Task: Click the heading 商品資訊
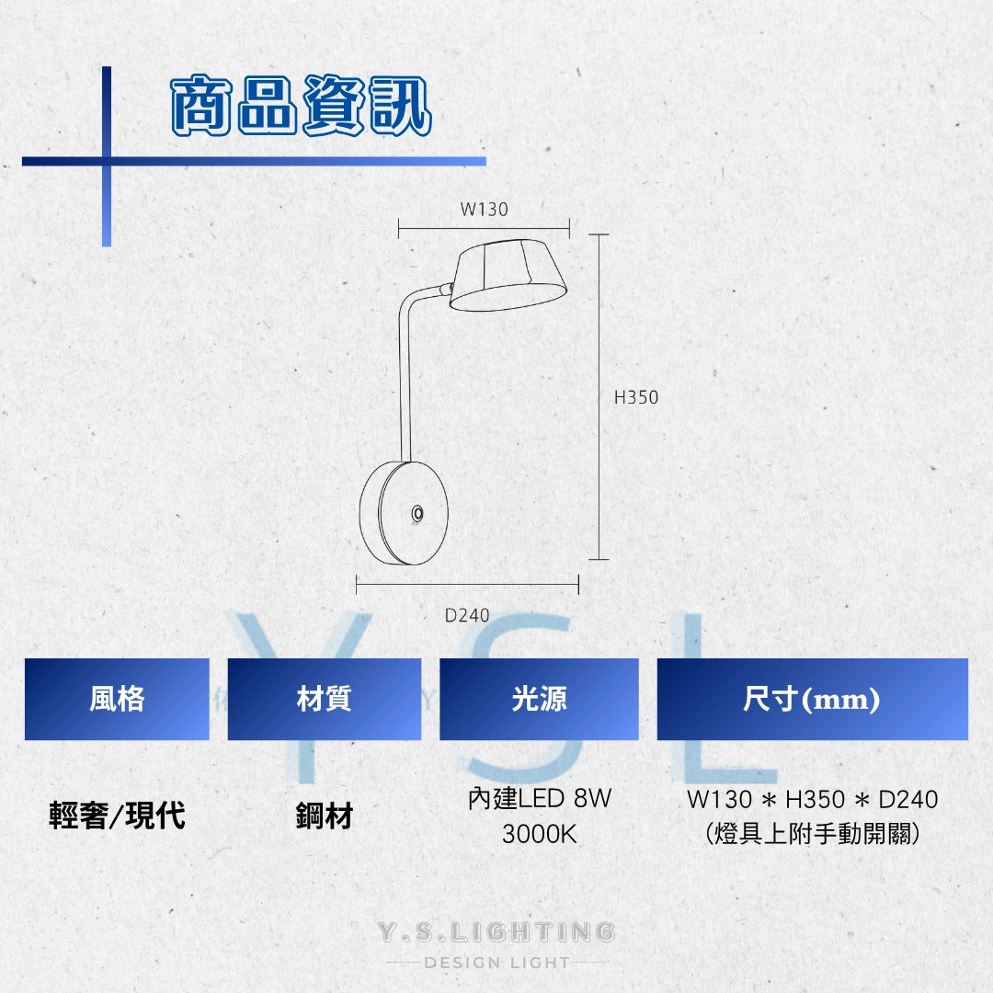pyautogui.click(x=302, y=105)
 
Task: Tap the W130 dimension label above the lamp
pyautogui.click(x=484, y=209)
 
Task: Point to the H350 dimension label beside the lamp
pyautogui.click(x=636, y=397)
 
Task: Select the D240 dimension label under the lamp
pyautogui.click(x=467, y=615)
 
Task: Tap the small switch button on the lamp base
pyautogui.click(x=417, y=513)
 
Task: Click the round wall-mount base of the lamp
pyautogui.click(x=404, y=513)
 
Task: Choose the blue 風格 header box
pyautogui.click(x=117, y=699)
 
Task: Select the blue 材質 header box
pyautogui.click(x=325, y=699)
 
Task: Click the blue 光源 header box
pyautogui.click(x=539, y=699)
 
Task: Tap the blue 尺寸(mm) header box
pyautogui.click(x=813, y=699)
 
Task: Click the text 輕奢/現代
pyautogui.click(x=117, y=815)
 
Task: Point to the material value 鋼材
pyautogui.click(x=325, y=816)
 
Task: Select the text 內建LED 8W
pyautogui.click(x=540, y=799)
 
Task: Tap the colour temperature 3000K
pyautogui.click(x=540, y=834)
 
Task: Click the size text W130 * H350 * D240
pyautogui.click(x=813, y=799)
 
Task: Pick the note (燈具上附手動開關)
pyautogui.click(x=813, y=834)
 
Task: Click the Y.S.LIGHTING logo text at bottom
pyautogui.click(x=496, y=931)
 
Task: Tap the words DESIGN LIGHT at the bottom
pyautogui.click(x=497, y=963)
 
